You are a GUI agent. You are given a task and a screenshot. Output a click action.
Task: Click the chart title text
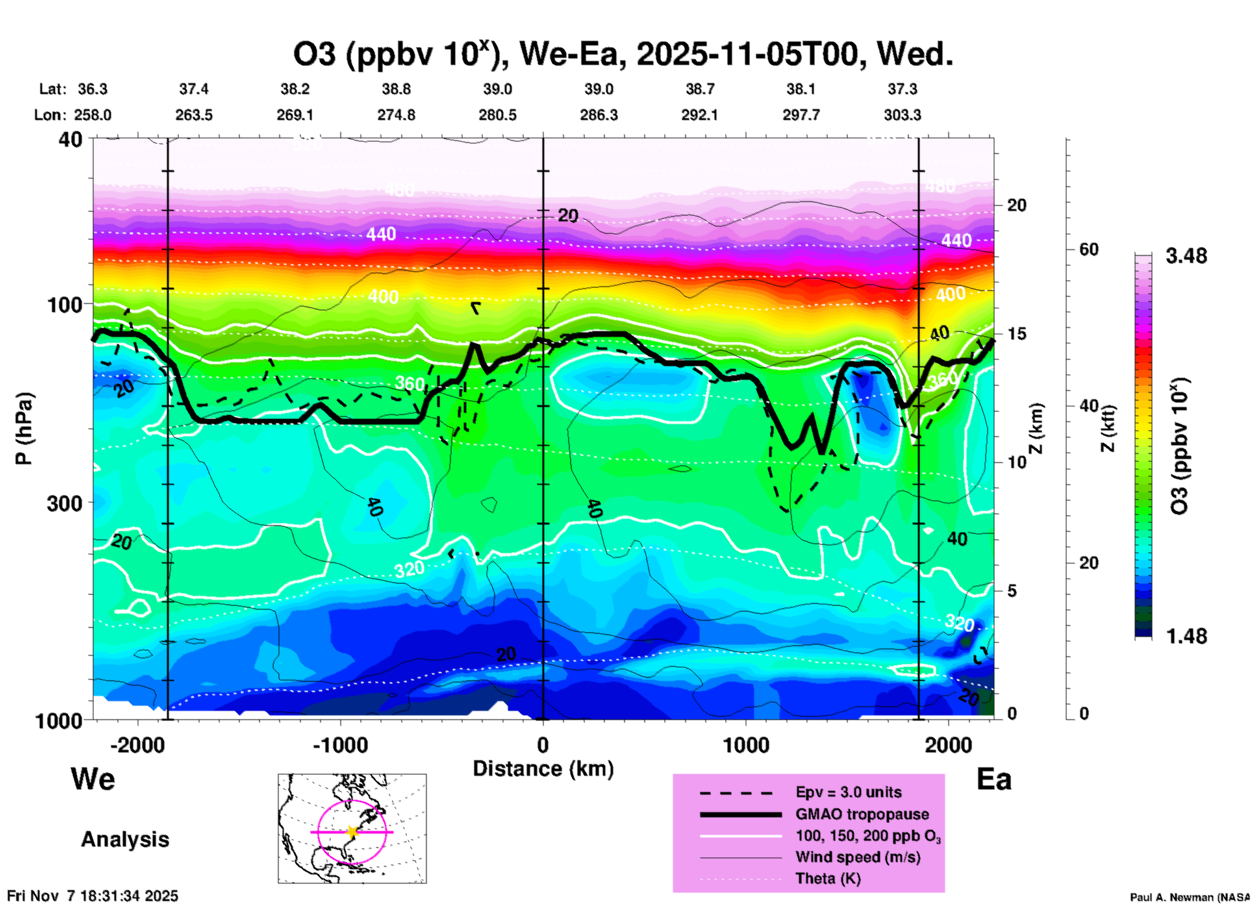(623, 55)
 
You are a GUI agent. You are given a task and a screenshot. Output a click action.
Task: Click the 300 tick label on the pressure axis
(64, 503)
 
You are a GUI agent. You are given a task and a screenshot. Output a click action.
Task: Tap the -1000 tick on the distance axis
(340, 745)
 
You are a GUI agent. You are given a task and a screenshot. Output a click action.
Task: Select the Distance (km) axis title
(543, 769)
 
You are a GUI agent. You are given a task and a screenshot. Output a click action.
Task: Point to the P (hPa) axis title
(23, 428)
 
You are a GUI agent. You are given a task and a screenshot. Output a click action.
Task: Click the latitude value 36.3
(92, 89)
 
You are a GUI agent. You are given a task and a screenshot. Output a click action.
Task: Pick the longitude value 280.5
(498, 115)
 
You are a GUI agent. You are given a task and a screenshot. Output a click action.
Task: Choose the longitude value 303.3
(902, 115)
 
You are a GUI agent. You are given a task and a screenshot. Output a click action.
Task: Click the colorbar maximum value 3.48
(1186, 256)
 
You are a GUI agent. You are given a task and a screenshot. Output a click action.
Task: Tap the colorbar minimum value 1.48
(1186, 636)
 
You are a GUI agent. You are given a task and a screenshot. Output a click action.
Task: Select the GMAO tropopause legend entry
(862, 814)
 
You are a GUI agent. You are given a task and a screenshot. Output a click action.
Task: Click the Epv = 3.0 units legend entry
(848, 792)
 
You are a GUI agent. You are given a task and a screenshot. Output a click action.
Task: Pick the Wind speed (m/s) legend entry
(857, 857)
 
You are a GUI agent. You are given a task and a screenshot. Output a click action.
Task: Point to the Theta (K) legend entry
(828, 878)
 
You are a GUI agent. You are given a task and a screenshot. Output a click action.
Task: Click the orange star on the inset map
(352, 832)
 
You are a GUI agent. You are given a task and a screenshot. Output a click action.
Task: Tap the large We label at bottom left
(93, 778)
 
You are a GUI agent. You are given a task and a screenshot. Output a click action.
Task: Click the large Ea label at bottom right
(994, 780)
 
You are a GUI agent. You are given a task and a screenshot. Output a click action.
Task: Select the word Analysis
(125, 839)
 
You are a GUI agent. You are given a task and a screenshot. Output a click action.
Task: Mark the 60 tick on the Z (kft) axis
(1089, 249)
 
